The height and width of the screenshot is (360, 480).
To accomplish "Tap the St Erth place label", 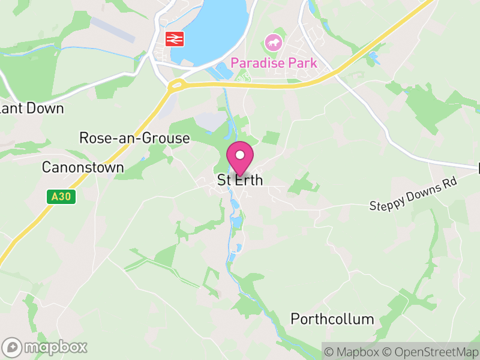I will click(240, 180).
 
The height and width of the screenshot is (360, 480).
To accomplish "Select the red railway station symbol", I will click(175, 39).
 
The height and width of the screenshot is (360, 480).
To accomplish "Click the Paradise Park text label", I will click(274, 62).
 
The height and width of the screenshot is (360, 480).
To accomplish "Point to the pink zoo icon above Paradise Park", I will click(273, 43).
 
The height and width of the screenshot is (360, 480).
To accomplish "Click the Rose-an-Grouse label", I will click(134, 139).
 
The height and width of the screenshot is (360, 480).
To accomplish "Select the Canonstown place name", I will click(83, 167).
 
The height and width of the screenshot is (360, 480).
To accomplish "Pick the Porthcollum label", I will click(332, 319).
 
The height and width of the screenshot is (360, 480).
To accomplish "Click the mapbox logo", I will click(45, 347).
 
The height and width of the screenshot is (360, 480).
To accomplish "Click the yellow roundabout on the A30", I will click(176, 85).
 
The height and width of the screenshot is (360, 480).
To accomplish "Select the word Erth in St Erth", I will click(248, 180).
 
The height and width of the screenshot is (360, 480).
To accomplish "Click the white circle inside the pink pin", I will click(240, 155).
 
